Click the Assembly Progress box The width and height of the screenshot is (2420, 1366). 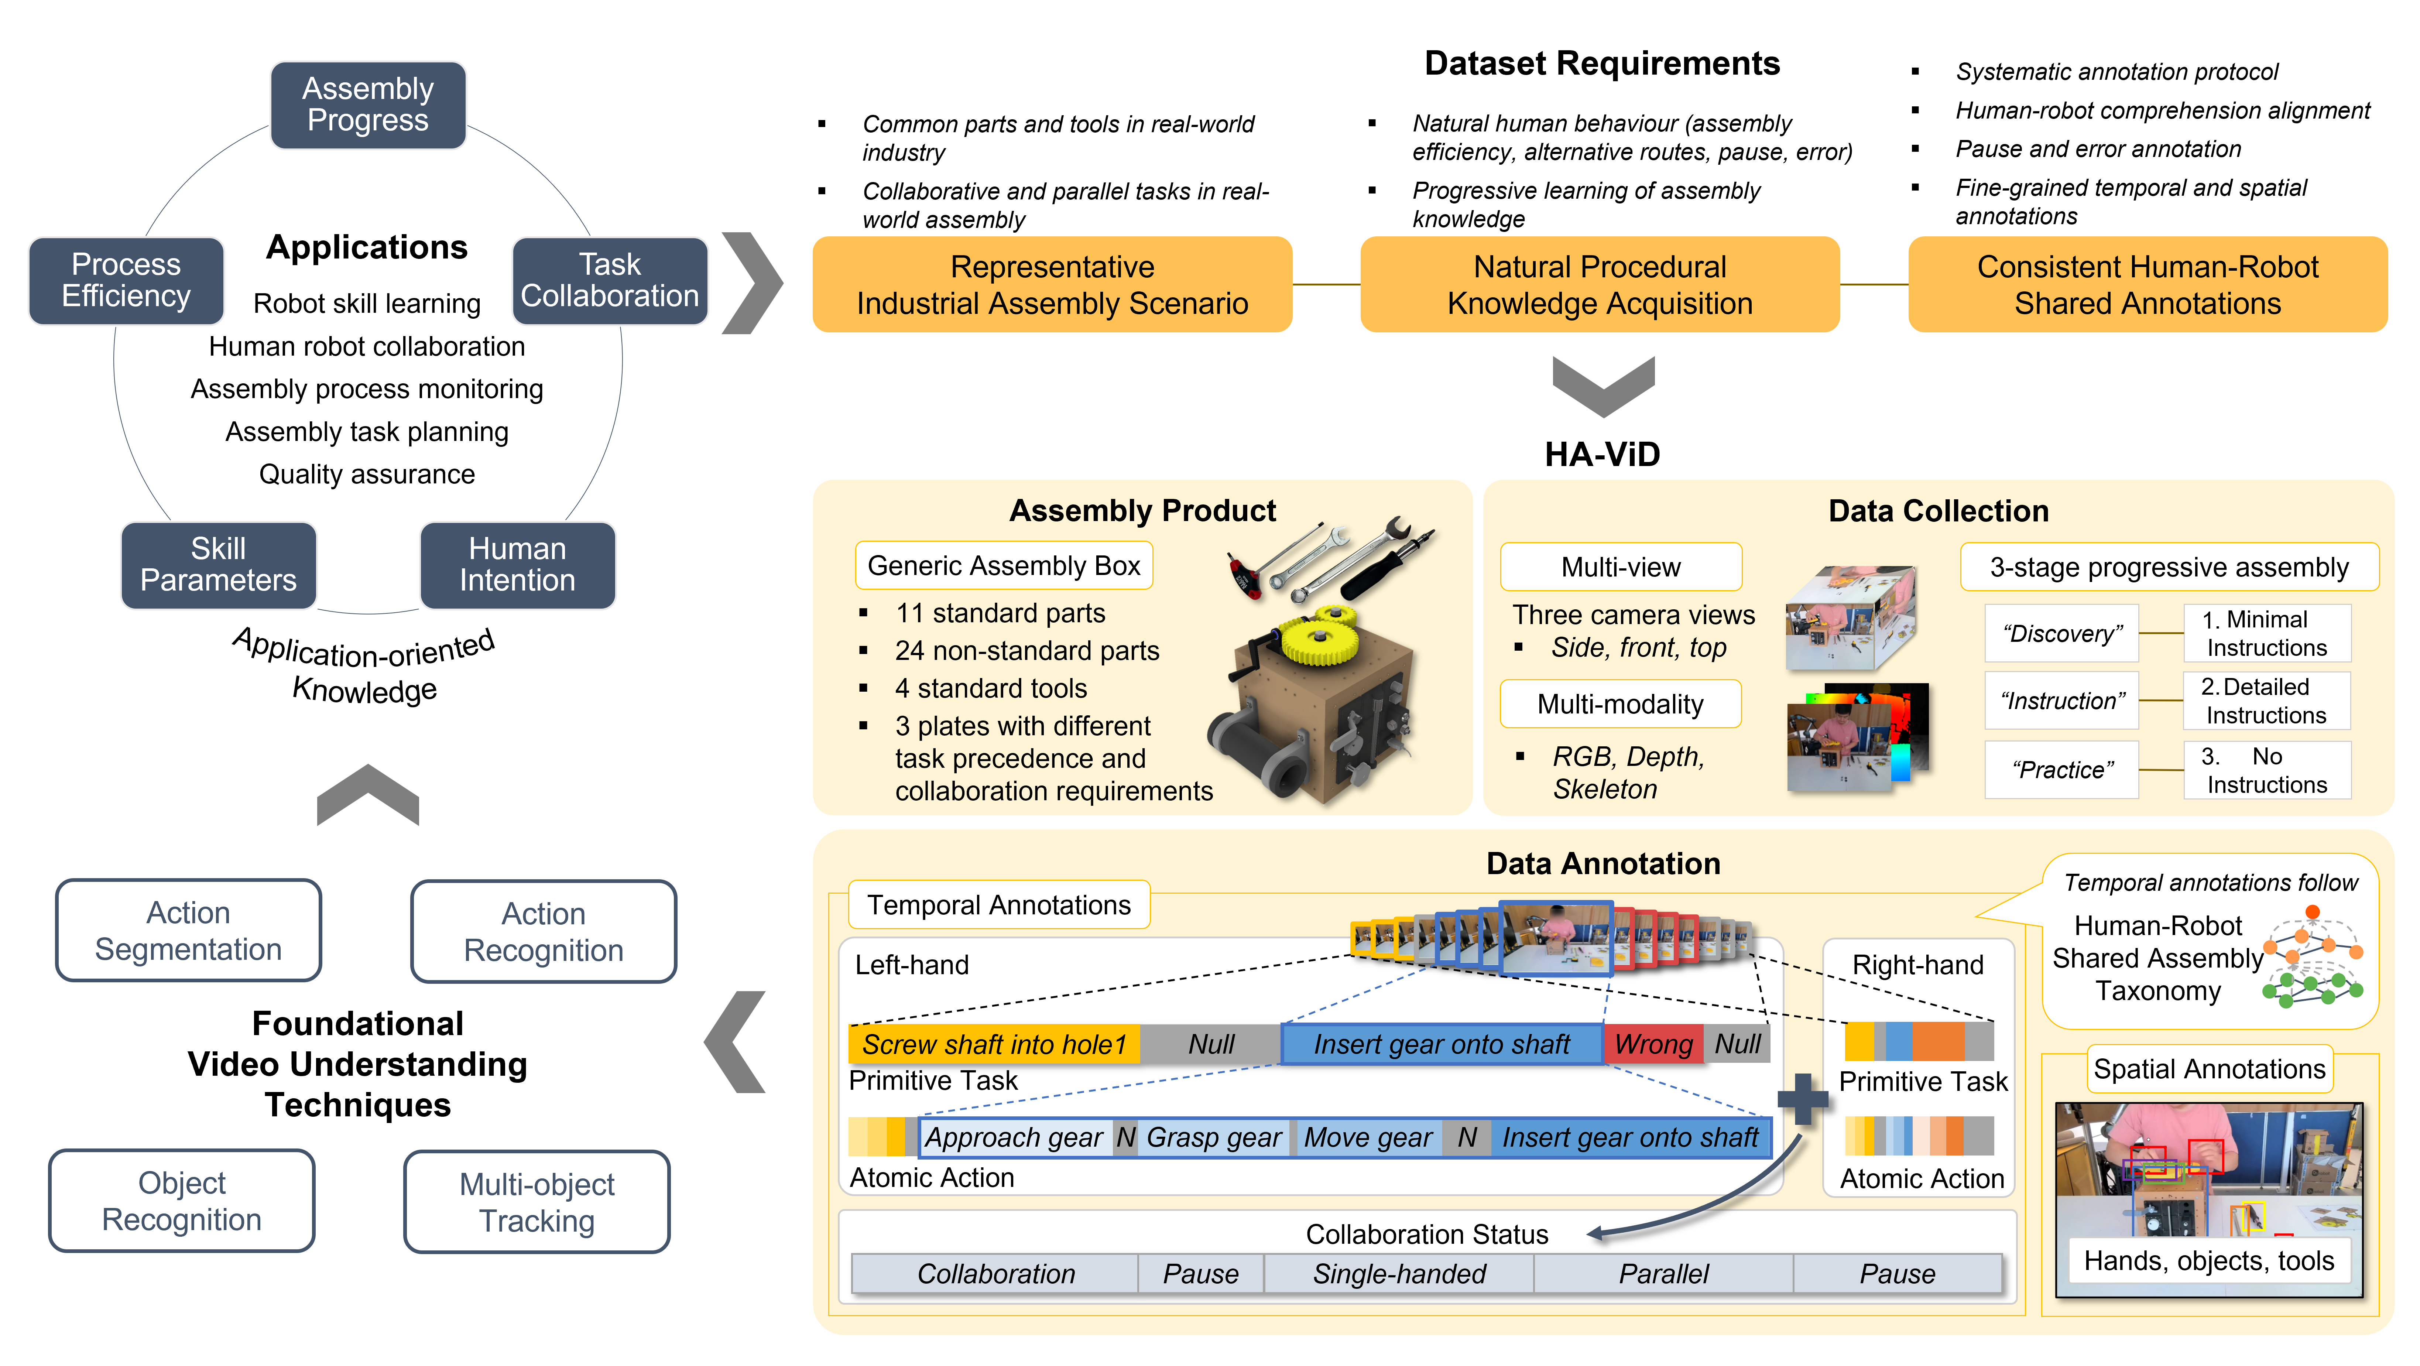[368, 104]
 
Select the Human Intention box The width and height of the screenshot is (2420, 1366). [518, 565]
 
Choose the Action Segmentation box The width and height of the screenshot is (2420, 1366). [189, 930]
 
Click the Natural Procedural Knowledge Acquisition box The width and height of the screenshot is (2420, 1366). [1600, 285]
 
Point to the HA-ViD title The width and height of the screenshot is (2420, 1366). [1603, 455]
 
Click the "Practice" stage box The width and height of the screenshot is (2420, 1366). [2062, 770]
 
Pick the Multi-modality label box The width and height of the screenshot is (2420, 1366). [1621, 703]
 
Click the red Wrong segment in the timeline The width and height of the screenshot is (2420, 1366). [1653, 1044]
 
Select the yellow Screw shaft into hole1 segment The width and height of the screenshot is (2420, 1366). [994, 1044]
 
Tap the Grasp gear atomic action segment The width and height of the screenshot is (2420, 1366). [1214, 1138]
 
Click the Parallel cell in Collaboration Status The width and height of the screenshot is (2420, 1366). [1664, 1274]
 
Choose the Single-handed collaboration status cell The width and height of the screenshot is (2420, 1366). [1399, 1274]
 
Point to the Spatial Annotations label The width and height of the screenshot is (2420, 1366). [2209, 1069]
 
